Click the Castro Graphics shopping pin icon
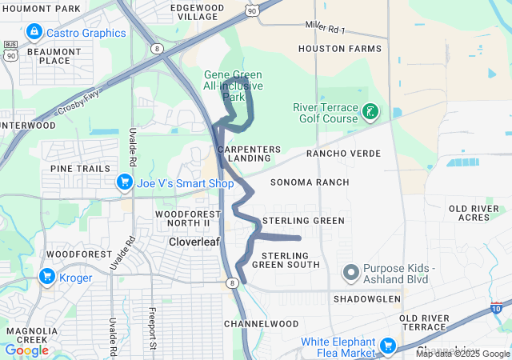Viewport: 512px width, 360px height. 34,33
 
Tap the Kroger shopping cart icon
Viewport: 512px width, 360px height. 46,278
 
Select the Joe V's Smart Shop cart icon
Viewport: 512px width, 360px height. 124,183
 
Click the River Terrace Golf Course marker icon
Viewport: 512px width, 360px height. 370,112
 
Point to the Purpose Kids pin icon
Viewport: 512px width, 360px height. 350,274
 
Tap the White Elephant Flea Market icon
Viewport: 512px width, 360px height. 389,346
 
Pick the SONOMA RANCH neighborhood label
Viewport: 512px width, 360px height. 310,182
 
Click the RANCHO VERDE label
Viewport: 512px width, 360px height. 344,154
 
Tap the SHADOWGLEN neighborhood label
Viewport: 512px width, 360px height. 367,298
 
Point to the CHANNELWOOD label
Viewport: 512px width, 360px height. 261,324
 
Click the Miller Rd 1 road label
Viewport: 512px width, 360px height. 325,27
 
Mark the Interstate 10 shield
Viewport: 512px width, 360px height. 498,307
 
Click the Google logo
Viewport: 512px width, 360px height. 26,350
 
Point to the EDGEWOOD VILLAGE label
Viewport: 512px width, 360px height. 198,12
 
